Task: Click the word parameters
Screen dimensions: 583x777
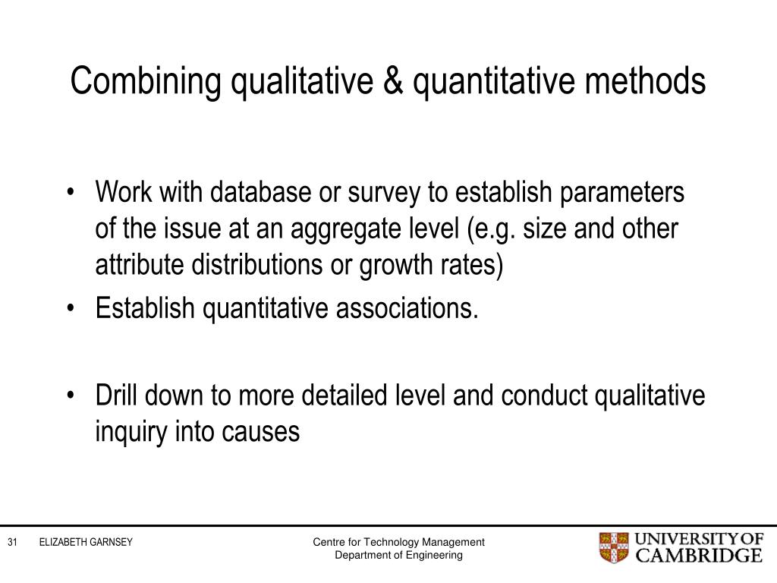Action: coord(622,194)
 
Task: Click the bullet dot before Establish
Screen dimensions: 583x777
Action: coord(71,309)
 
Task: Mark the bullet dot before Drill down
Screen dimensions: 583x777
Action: coord(71,395)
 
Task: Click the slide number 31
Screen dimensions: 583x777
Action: coord(12,542)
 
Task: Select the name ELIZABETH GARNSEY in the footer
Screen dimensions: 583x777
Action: coord(86,542)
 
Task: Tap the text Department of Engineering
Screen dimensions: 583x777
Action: coord(399,555)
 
